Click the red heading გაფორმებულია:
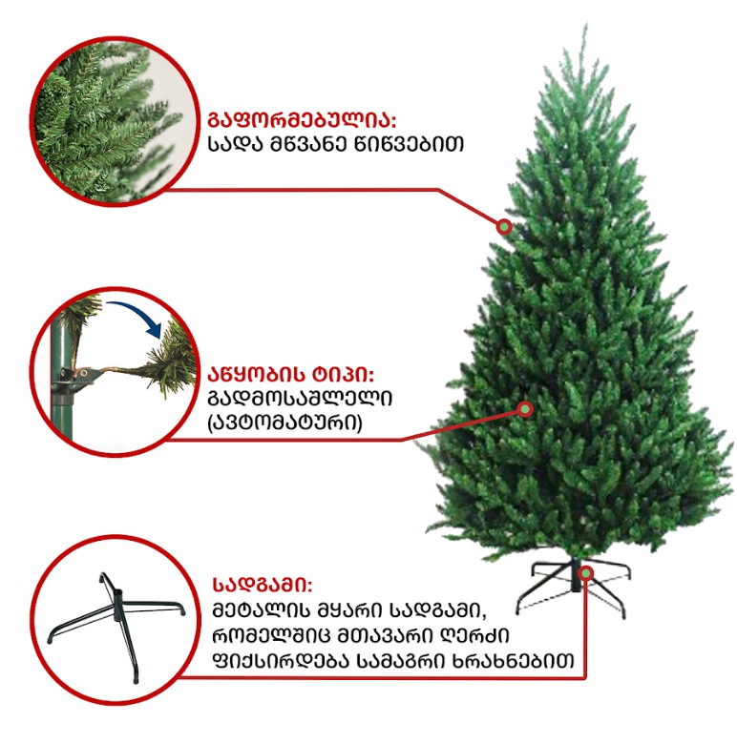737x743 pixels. (x=302, y=120)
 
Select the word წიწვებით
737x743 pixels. (x=409, y=145)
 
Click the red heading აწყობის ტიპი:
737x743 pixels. (x=291, y=375)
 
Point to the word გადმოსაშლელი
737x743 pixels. (x=300, y=399)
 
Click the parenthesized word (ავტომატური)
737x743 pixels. (x=284, y=423)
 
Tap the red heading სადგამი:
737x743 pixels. (x=263, y=586)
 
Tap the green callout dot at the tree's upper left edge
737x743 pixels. (x=505, y=227)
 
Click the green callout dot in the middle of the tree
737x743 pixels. (x=525, y=408)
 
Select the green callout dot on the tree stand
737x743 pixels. (x=587, y=574)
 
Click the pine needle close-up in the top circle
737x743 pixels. (x=114, y=121)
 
